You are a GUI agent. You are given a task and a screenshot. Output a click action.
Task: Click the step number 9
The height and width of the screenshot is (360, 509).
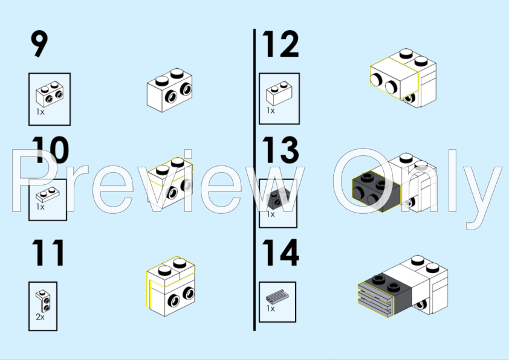[39, 44]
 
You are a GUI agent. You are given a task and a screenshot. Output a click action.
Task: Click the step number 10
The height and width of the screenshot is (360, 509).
[50, 150]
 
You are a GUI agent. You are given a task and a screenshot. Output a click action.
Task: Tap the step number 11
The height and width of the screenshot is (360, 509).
[48, 252]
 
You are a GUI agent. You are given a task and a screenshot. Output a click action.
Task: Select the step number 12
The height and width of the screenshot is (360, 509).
[280, 44]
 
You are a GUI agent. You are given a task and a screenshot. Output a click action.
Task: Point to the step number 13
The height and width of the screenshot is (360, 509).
[280, 150]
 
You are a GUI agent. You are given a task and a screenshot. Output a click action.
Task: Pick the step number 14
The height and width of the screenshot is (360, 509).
[280, 252]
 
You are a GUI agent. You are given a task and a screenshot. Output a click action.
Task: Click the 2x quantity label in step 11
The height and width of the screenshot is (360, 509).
[40, 317]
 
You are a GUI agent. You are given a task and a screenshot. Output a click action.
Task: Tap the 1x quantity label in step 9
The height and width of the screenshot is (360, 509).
[41, 112]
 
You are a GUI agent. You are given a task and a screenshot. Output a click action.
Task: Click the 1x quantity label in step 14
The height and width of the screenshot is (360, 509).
[271, 308]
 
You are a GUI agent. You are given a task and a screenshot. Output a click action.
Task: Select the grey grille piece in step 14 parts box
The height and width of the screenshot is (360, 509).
[277, 297]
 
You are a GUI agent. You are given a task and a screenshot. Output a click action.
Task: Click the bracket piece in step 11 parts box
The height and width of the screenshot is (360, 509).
[43, 301]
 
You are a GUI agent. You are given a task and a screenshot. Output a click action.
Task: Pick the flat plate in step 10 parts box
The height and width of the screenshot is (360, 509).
[48, 194]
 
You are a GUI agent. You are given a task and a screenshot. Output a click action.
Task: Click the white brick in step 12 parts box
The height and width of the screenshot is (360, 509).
[279, 93]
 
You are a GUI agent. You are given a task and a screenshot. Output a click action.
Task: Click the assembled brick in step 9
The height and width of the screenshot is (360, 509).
[169, 90]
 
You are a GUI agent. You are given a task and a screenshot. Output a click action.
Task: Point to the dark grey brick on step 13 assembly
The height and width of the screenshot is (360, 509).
[376, 192]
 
